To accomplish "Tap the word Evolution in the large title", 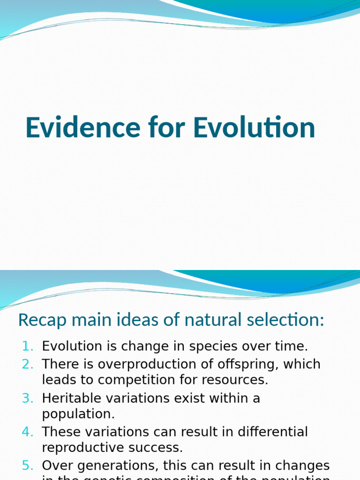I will point(255,127).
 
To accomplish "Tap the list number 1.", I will point(28,346).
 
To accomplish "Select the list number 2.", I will point(28,364).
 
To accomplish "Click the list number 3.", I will point(28,398).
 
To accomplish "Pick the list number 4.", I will point(28,432).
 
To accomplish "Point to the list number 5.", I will point(28,466).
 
